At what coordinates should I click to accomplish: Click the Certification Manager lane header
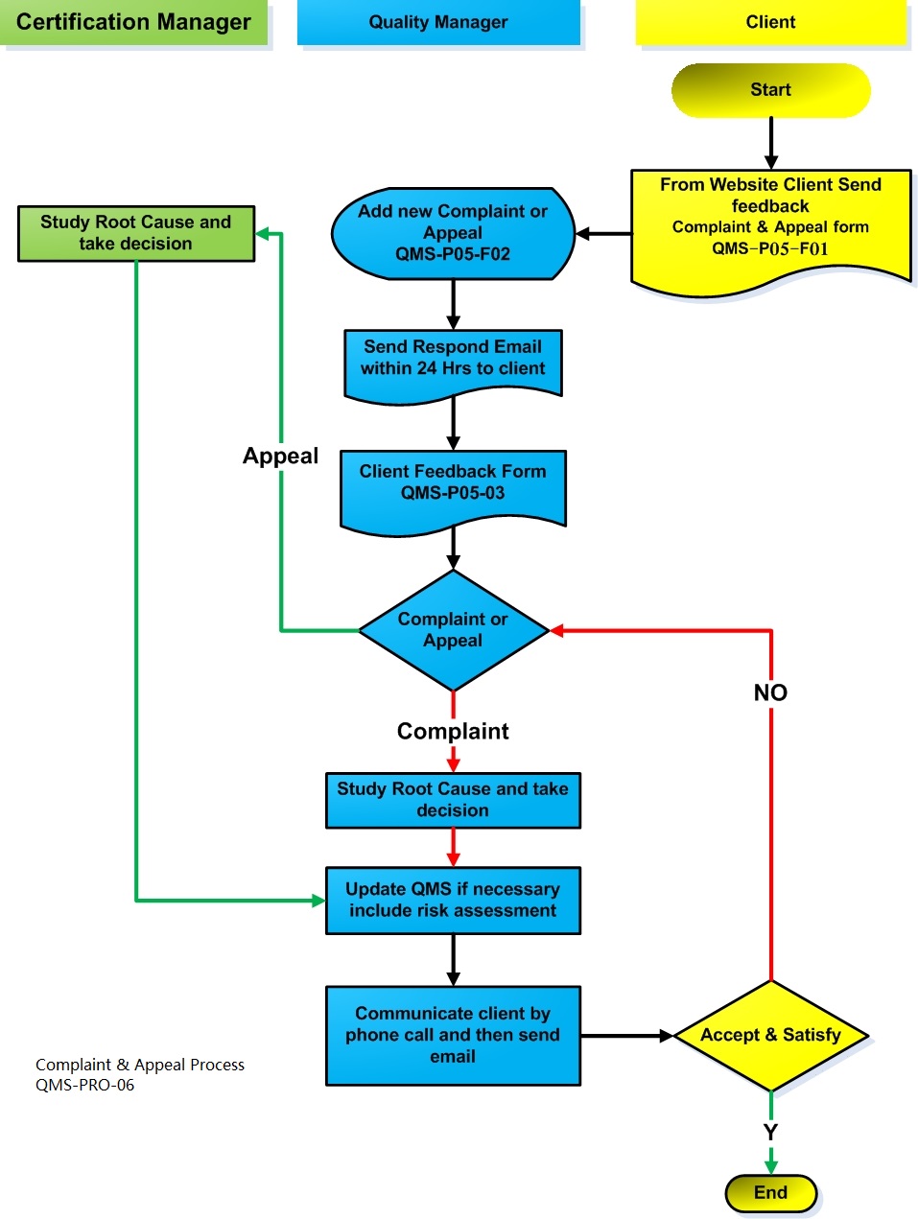click(x=134, y=23)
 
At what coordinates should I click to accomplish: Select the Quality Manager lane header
click(x=438, y=23)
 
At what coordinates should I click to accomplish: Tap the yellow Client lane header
click(x=770, y=23)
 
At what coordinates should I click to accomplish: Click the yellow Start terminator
click(x=770, y=90)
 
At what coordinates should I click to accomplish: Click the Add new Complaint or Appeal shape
click(x=453, y=233)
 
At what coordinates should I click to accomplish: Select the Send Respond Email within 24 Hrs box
click(x=453, y=361)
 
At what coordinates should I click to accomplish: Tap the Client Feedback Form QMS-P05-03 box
click(x=453, y=485)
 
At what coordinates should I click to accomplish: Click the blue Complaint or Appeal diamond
click(x=453, y=630)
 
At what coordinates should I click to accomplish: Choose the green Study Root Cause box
click(x=136, y=233)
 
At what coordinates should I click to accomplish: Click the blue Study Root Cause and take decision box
click(x=453, y=800)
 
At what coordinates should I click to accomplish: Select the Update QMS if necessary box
click(x=453, y=901)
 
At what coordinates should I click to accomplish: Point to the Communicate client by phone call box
click(x=453, y=1035)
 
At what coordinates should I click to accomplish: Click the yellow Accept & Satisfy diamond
click(x=770, y=1035)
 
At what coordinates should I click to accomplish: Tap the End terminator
click(x=770, y=1193)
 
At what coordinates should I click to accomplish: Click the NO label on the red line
click(x=770, y=692)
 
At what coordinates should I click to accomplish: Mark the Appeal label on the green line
click(x=280, y=457)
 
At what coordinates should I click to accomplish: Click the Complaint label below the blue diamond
click(x=453, y=732)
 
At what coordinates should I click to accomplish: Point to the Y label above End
click(x=770, y=1133)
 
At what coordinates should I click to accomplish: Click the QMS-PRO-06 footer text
click(x=85, y=1086)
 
